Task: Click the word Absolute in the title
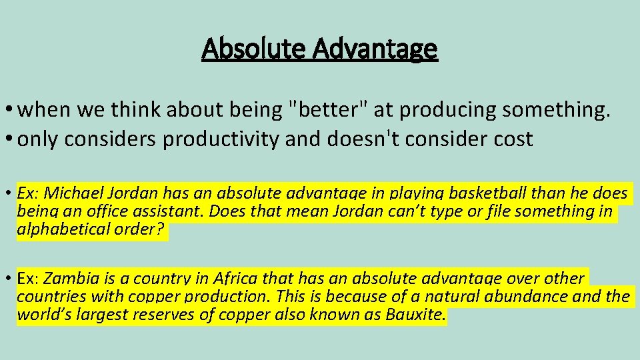click(x=244, y=49)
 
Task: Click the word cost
click(x=513, y=139)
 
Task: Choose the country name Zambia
click(x=62, y=279)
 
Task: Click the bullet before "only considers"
click(x=9, y=140)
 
